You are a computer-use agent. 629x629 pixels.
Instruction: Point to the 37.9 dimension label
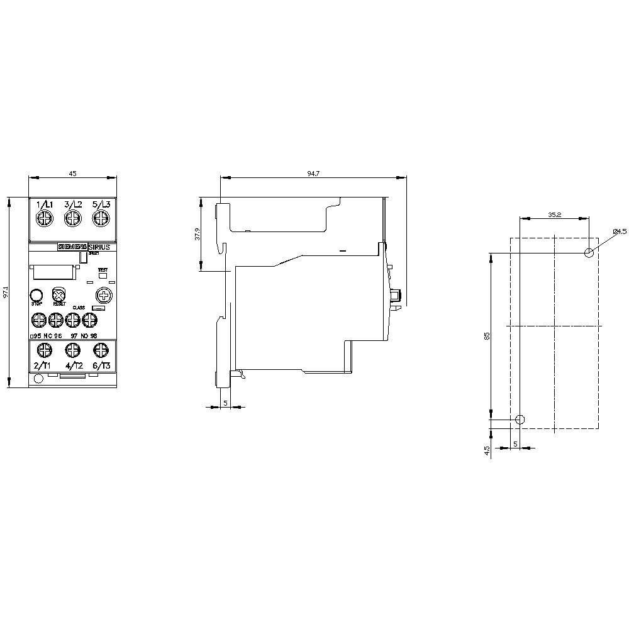point(197,234)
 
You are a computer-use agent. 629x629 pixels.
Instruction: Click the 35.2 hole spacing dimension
point(554,214)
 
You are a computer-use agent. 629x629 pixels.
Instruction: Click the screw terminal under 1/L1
point(45,219)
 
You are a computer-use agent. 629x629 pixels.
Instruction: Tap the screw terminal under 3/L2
point(72,219)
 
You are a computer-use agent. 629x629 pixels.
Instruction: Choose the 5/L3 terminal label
point(101,204)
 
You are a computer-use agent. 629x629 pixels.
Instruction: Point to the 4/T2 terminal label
point(73,365)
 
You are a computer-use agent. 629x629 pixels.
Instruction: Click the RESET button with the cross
point(59,295)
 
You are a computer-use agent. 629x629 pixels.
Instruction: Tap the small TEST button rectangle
point(103,276)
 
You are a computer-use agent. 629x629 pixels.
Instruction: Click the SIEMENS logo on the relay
point(72,247)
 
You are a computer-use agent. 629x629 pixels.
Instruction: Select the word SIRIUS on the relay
point(99,247)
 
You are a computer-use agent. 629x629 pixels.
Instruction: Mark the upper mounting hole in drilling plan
point(589,253)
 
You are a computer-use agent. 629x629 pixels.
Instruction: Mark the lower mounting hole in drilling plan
point(520,420)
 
